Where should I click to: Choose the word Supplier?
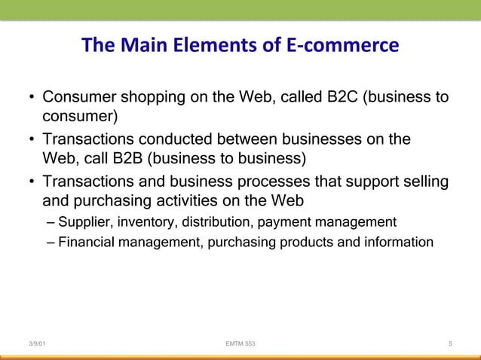point(84,222)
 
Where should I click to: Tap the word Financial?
point(86,243)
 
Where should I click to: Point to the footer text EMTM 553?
point(240,344)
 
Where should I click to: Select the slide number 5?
point(449,344)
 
